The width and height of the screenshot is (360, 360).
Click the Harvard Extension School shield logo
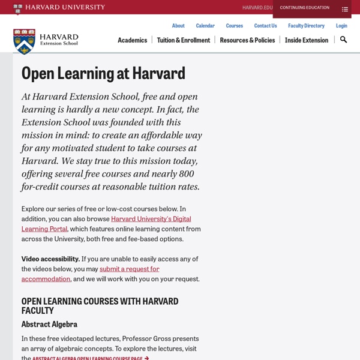(x=25, y=41)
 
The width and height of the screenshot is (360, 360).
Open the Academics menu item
(x=132, y=40)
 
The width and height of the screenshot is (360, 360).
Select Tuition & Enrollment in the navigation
(x=183, y=40)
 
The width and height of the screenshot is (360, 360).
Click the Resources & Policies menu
(x=247, y=40)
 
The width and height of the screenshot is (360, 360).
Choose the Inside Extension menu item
(x=306, y=40)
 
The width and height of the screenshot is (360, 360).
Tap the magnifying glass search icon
(x=343, y=40)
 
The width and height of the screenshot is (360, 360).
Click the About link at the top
(x=178, y=26)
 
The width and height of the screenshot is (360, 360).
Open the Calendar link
(x=205, y=26)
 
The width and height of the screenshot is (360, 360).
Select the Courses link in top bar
(x=234, y=26)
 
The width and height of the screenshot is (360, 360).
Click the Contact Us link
(x=265, y=26)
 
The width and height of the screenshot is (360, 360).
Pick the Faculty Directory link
(x=306, y=26)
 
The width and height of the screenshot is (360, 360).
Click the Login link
(x=341, y=26)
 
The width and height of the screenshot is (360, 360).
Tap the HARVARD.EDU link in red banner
(x=257, y=8)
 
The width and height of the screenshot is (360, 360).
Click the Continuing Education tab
(x=304, y=8)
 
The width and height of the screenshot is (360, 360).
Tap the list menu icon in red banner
(x=345, y=9)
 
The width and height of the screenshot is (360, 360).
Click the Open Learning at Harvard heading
(x=103, y=73)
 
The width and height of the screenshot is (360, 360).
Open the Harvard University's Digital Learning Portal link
(x=151, y=219)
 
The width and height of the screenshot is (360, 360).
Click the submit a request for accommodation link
(x=129, y=269)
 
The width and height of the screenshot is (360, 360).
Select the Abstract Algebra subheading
(x=49, y=324)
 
